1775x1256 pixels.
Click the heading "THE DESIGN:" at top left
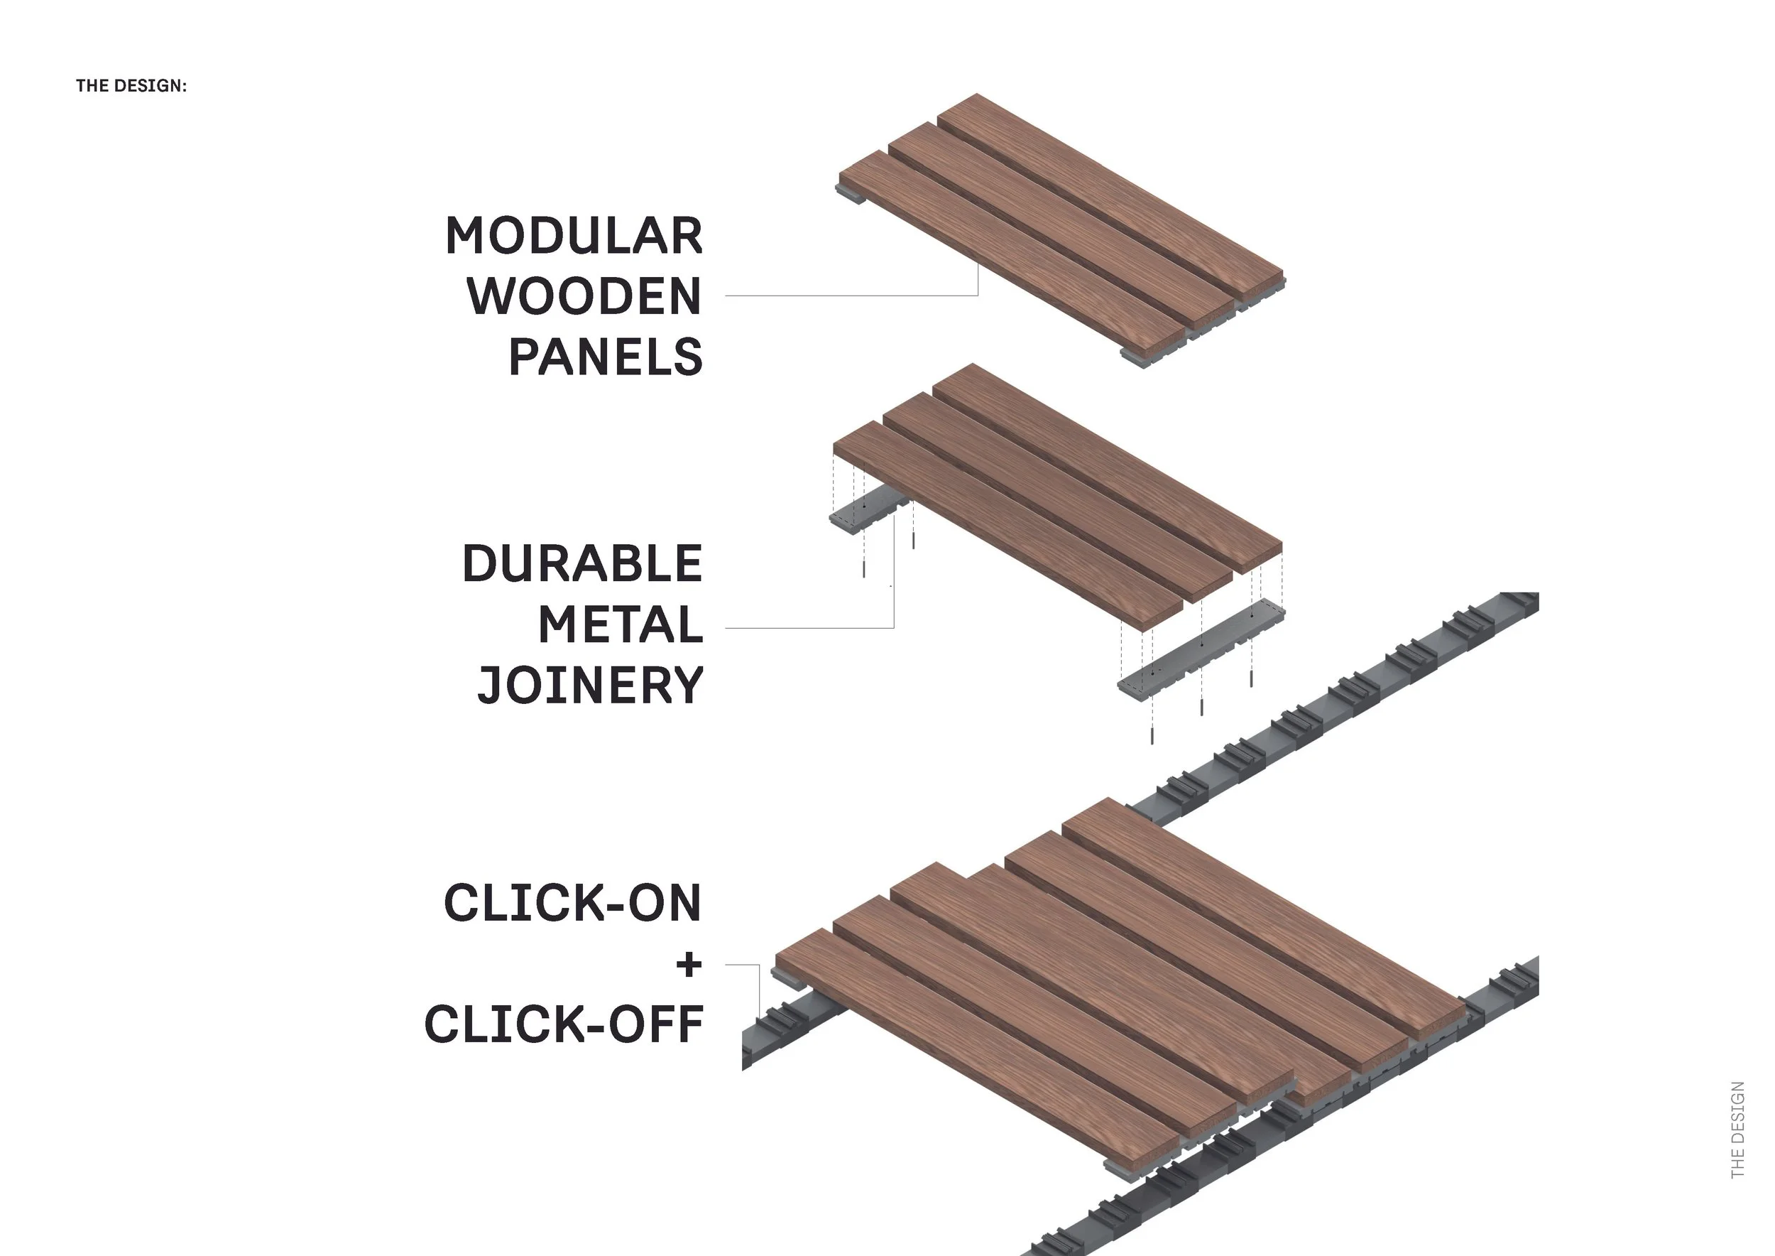coord(131,86)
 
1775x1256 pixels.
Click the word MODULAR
coord(574,236)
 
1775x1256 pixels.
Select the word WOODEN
coord(584,296)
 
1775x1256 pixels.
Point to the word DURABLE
coord(581,564)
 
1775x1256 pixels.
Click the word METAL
coord(620,625)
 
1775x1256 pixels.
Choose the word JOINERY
coord(590,686)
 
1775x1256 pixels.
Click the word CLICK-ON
coord(572,904)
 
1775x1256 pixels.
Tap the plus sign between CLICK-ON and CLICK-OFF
coord(689,965)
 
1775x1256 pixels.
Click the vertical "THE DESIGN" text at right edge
coord(1738,1129)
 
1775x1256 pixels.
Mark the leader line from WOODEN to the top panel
coord(851,296)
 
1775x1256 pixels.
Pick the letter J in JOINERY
coord(488,687)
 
